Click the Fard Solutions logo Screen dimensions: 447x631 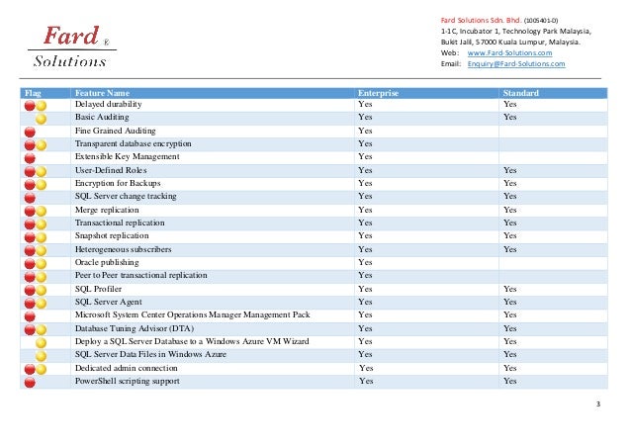coord(70,45)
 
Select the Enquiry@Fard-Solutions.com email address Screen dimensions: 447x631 coord(515,63)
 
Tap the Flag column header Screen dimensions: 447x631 coord(34,92)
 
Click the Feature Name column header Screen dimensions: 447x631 coord(102,92)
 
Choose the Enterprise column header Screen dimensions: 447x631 coord(378,92)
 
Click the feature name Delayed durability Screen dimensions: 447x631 coord(109,104)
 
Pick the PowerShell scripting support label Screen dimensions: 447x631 coord(128,381)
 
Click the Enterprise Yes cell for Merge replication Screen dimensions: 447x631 coord(365,210)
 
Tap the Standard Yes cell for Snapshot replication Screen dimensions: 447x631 coord(510,235)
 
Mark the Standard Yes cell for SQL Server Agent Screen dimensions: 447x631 coord(510,302)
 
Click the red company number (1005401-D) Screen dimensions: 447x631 coord(541,19)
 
